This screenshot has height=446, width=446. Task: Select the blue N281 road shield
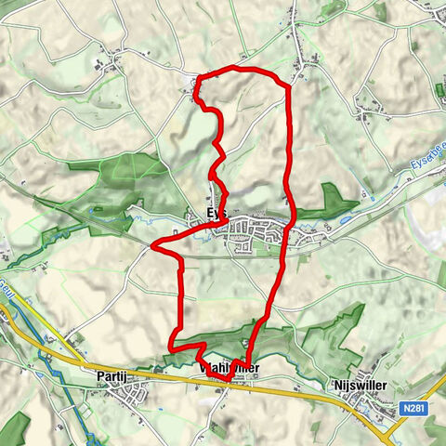point(413,407)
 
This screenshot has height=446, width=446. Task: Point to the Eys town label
point(215,214)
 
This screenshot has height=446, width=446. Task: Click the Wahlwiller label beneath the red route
point(226,369)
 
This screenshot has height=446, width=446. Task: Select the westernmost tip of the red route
point(151,246)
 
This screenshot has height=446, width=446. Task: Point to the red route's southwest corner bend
point(171,347)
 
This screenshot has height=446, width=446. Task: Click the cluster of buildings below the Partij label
point(125,398)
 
